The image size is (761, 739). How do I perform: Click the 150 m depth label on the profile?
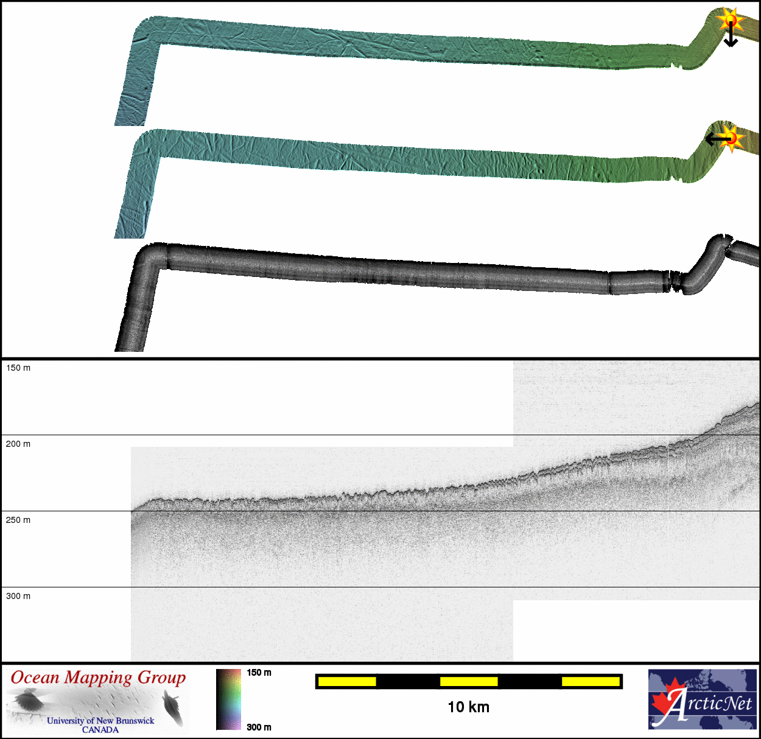click(18, 368)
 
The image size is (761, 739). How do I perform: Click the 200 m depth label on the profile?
click(18, 444)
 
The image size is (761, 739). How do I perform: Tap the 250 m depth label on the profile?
click(18, 520)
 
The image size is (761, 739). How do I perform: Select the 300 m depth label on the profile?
click(18, 596)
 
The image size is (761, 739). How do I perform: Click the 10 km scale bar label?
click(469, 707)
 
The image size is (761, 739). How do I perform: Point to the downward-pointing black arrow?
click(731, 35)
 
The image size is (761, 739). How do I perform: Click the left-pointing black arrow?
click(718, 138)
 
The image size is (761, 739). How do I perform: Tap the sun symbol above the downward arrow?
click(731, 20)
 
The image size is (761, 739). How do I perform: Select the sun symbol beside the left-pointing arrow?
click(732, 138)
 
